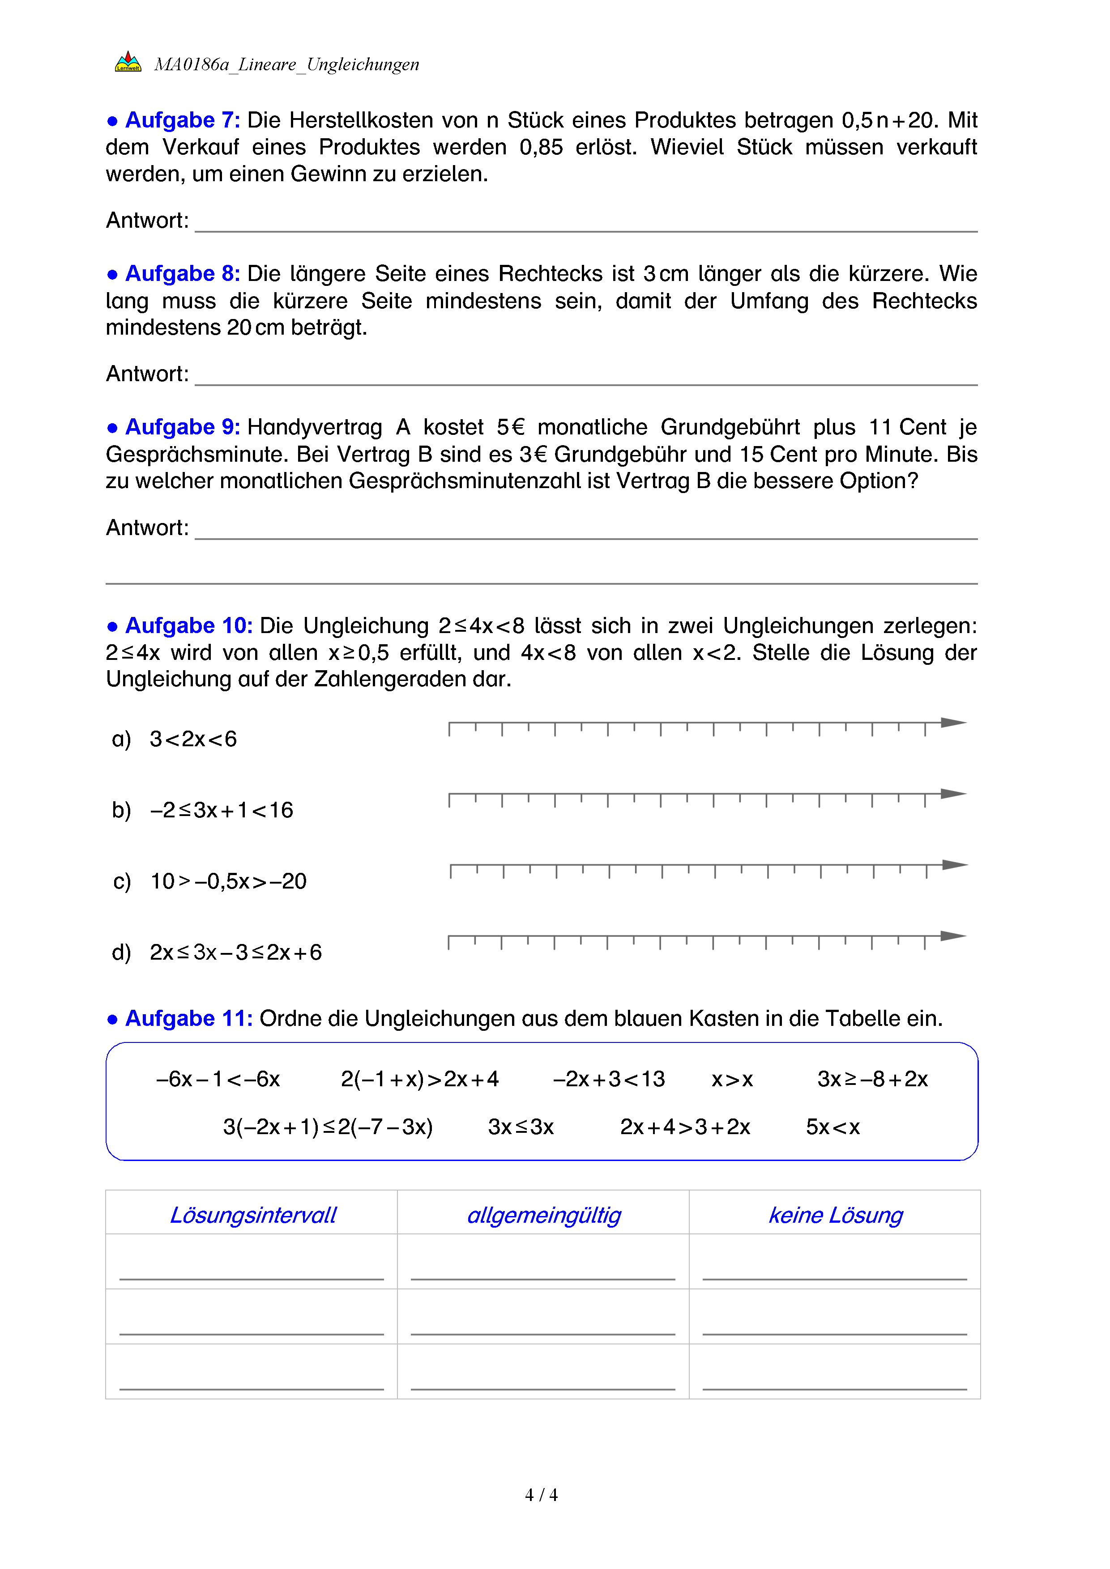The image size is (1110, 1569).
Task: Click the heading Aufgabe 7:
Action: tap(182, 120)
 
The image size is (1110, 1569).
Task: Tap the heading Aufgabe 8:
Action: tap(182, 273)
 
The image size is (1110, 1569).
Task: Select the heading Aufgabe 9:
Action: tap(182, 427)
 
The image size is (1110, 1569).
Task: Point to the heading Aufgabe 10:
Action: tap(188, 626)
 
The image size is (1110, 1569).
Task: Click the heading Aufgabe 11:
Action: tap(188, 1019)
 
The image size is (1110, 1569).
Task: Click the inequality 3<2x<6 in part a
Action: tap(193, 740)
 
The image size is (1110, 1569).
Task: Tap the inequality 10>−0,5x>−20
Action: tap(228, 881)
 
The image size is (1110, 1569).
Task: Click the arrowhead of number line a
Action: tap(953, 723)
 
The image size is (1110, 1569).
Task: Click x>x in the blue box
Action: tap(732, 1080)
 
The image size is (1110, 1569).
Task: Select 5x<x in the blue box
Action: tap(832, 1127)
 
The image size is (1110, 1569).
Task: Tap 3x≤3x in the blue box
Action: tap(521, 1127)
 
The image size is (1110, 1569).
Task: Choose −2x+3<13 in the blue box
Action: tap(608, 1080)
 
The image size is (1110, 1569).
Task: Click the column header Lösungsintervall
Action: tap(253, 1216)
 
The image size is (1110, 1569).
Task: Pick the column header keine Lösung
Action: tap(835, 1216)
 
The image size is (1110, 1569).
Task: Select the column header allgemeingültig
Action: tap(544, 1216)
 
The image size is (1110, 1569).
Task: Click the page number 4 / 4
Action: tap(541, 1495)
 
